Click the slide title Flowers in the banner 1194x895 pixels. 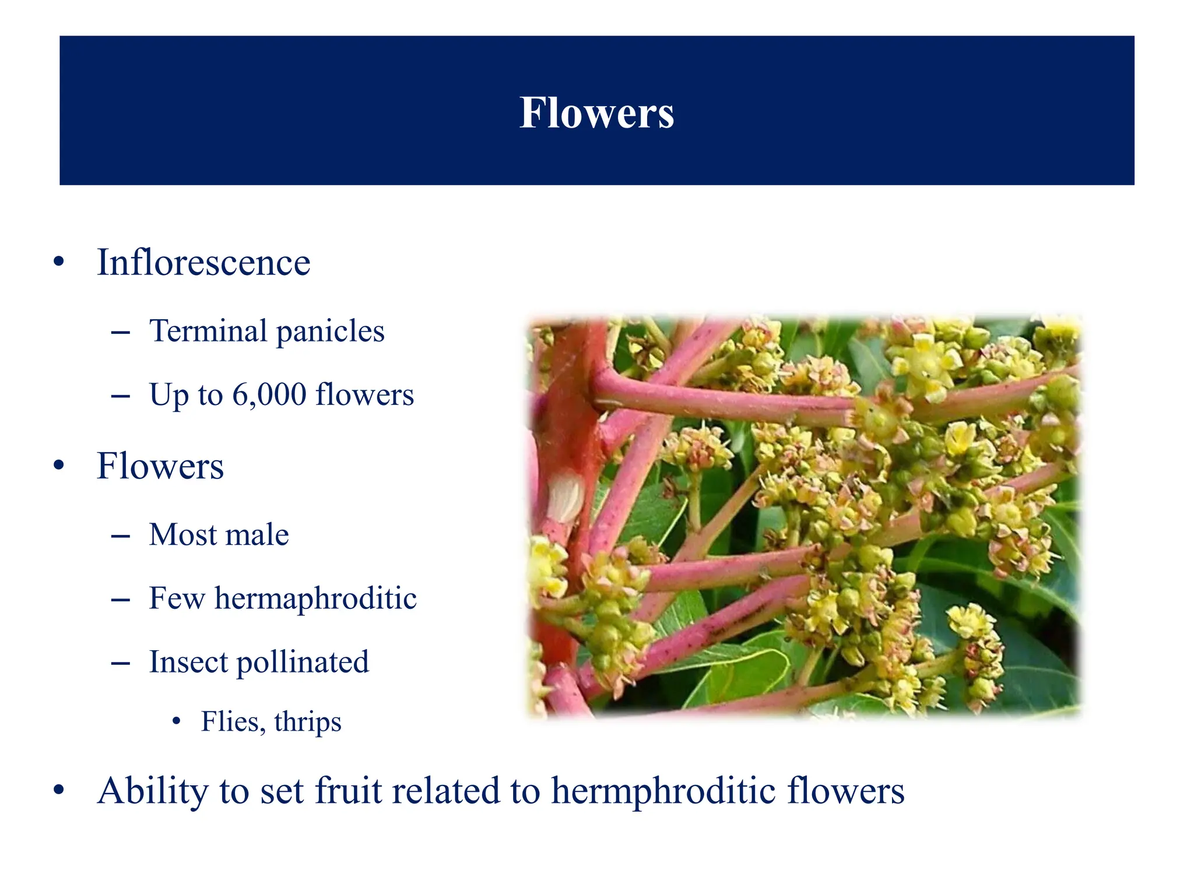click(x=596, y=112)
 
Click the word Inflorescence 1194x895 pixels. click(x=203, y=262)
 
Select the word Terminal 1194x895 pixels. click(x=208, y=331)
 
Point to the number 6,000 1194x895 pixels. click(x=269, y=395)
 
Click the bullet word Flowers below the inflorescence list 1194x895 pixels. click(x=160, y=466)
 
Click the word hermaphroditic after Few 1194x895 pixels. click(x=315, y=598)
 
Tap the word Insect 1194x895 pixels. click(x=188, y=662)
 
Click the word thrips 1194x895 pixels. click(x=307, y=722)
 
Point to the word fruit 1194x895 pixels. click(x=348, y=791)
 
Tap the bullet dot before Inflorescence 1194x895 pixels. click(x=58, y=262)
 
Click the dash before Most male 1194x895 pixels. click(x=120, y=535)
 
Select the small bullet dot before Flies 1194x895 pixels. click(x=177, y=723)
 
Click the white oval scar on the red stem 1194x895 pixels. click(x=564, y=497)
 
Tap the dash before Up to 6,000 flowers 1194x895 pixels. click(x=120, y=396)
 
